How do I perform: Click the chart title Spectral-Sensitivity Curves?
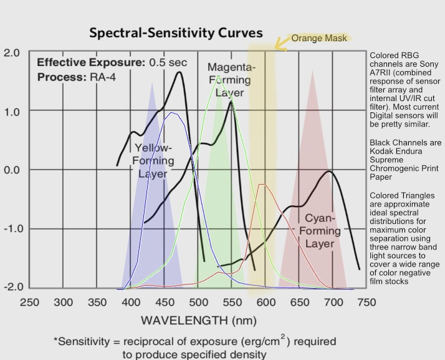coord(176,32)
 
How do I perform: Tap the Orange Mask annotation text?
coord(319,38)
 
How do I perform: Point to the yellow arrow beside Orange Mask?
coord(281,41)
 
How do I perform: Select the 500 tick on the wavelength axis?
coord(198,303)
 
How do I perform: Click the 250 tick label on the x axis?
coord(30,303)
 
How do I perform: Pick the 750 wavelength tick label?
coord(366,303)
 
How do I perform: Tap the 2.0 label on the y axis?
coord(11,52)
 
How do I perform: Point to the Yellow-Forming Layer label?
coord(153,161)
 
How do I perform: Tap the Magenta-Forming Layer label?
coord(231,79)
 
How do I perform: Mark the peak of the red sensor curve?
coord(262,184)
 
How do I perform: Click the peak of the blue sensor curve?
coord(171,113)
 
